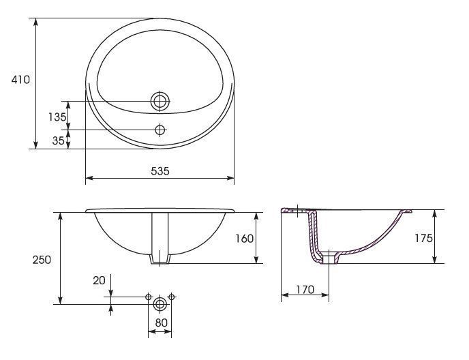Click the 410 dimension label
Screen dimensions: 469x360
pyautogui.click(x=20, y=80)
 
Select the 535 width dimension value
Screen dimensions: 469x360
pyautogui.click(x=160, y=171)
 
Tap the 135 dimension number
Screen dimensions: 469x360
pyautogui.click(x=57, y=117)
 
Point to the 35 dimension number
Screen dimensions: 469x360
pyautogui.click(x=59, y=140)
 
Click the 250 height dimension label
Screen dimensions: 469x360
pyautogui.click(x=42, y=260)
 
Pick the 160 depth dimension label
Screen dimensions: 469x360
pyautogui.click(x=244, y=239)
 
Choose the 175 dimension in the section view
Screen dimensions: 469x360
pyautogui.click(x=423, y=238)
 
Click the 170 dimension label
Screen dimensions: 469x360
pyautogui.click(x=305, y=289)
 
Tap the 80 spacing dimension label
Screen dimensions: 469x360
pyautogui.click(x=161, y=323)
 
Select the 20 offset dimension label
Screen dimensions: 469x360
pyautogui.click(x=99, y=280)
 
